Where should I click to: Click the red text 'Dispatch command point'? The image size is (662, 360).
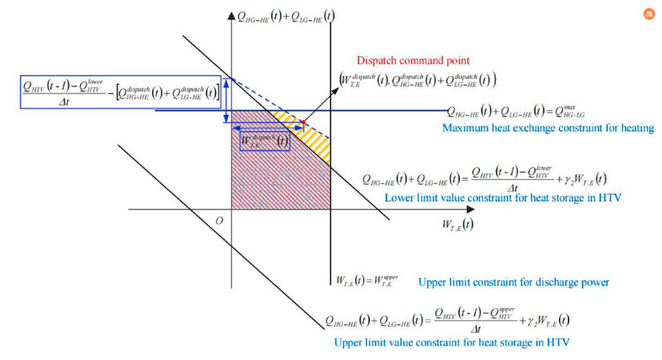413,61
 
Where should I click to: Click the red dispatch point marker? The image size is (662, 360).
303,121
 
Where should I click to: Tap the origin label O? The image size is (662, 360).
219,221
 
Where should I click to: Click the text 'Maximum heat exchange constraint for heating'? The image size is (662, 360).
548,129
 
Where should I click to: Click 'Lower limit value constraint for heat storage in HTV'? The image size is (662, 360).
503,198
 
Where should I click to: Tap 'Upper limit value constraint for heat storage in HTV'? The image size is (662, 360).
452,343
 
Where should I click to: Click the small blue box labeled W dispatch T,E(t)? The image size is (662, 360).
265,141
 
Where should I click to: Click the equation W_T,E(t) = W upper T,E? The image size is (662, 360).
368,280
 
